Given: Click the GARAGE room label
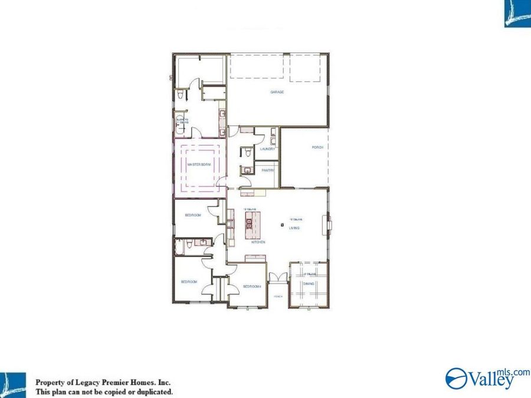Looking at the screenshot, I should click(277, 92).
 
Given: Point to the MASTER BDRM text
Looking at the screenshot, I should click(199, 165).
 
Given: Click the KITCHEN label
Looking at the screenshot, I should click(258, 242).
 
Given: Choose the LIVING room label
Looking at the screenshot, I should click(294, 228).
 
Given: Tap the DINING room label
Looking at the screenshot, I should click(309, 284).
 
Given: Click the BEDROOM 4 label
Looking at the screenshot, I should click(252, 287).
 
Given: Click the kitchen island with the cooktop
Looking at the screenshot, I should click(250, 223).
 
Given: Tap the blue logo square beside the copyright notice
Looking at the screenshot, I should click(12, 384).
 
